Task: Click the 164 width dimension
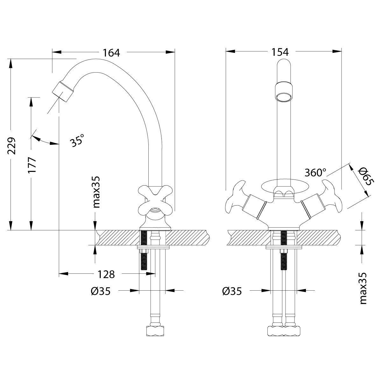pos(111,53)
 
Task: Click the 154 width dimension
pos(280,52)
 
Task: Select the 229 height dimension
pos(11,146)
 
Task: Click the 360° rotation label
pos(315,173)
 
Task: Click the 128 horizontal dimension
pos(106,274)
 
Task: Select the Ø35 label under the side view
pos(100,291)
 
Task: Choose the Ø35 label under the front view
pos(232,291)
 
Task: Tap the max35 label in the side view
pos(96,192)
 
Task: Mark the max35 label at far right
pos(363,288)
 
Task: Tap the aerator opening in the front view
pos(283,97)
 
